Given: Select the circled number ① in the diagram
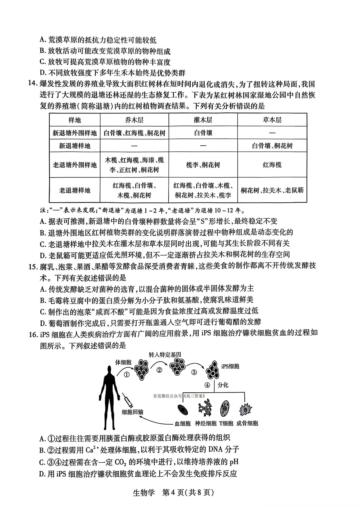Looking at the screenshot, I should click(126, 374).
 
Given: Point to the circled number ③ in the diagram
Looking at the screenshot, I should click(194, 372).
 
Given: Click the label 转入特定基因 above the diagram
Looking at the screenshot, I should click(165, 355).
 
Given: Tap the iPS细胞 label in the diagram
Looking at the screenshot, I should click(230, 366).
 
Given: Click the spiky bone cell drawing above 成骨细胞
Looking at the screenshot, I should click(246, 409).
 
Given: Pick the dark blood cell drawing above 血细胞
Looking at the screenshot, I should click(182, 409).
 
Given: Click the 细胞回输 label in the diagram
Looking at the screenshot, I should click(132, 412).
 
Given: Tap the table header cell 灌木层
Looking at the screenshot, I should click(203, 120).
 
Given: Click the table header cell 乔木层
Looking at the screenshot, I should click(134, 120).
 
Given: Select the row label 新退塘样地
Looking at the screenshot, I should click(75, 146).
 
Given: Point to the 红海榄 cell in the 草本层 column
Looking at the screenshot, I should click(272, 165).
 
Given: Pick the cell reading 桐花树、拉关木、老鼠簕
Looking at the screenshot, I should click(272, 190).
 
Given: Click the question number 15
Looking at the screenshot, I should click(32, 266).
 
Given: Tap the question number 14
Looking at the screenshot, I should click(32, 84).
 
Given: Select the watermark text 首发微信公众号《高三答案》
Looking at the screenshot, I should click(179, 396).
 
